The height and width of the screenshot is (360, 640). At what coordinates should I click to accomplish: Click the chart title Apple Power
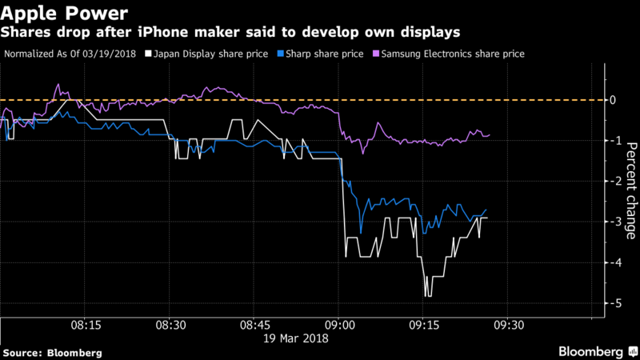[x=64, y=13]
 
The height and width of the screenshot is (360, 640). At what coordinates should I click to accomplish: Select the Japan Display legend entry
[x=206, y=54]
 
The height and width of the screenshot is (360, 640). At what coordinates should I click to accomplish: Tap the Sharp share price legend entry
[x=321, y=54]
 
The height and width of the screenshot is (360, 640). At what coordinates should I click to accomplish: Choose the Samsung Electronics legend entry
[x=449, y=54]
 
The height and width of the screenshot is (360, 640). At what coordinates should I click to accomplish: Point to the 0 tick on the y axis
[x=612, y=100]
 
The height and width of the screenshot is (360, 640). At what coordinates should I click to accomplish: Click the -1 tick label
[x=613, y=141]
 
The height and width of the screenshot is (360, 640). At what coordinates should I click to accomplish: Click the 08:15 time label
[x=86, y=326]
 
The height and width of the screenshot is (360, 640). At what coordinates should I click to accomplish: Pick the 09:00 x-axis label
[x=339, y=326]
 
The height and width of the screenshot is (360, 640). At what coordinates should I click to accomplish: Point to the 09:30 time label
[x=509, y=326]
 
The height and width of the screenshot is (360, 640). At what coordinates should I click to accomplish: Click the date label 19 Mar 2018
[x=295, y=338]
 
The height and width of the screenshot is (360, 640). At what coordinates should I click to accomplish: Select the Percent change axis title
[x=631, y=190]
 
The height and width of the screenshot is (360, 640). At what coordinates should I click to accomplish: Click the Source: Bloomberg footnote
[x=52, y=353]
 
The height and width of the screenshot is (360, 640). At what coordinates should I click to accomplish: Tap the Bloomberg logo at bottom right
[x=598, y=351]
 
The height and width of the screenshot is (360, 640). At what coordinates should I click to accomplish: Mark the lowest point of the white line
[x=427, y=296]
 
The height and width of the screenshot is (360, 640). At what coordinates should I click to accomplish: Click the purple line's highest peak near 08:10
[x=58, y=85]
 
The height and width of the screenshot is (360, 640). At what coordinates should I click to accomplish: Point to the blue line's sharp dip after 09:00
[x=361, y=233]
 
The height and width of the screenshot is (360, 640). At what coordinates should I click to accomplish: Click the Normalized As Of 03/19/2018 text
[x=70, y=54]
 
